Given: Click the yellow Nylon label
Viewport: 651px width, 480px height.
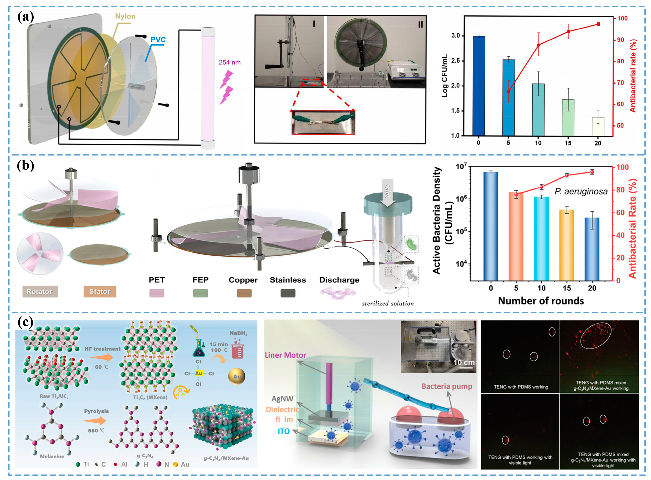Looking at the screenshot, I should (x=125, y=16).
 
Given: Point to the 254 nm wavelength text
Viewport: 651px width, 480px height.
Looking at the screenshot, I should (x=230, y=62).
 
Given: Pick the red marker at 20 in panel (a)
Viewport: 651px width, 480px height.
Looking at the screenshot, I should (x=598, y=24).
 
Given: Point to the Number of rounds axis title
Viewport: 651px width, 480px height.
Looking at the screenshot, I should (x=541, y=301).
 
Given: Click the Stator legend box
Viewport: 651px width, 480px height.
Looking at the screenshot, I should (x=100, y=292).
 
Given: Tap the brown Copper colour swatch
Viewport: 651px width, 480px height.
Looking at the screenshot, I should (x=244, y=293).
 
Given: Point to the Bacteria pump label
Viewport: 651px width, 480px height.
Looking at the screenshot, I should (x=447, y=386).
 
